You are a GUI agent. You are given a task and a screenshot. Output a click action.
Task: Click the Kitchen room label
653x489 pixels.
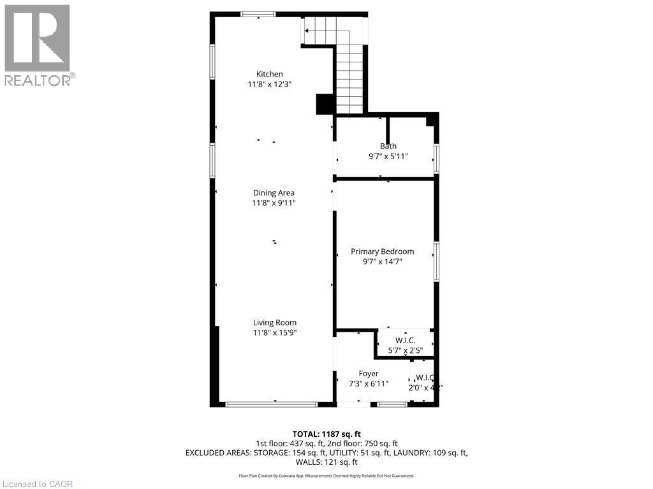tap(269, 74)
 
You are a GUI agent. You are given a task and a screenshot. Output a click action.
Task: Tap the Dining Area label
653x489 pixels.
tap(273, 193)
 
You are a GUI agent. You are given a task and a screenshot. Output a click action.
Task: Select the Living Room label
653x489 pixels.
tap(274, 322)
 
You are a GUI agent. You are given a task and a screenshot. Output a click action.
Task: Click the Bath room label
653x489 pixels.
tap(388, 146)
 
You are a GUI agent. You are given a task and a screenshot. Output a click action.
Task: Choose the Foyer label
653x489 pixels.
tap(369, 374)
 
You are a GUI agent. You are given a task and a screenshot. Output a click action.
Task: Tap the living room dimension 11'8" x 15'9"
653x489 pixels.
tap(274, 332)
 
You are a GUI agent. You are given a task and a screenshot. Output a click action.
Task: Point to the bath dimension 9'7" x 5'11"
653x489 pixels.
tap(388, 156)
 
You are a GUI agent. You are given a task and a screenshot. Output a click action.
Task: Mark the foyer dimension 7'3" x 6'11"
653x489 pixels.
tap(369, 384)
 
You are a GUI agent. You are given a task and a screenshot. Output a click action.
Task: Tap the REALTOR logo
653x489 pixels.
tap(38, 45)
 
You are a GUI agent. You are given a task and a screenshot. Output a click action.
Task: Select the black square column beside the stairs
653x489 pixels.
tap(325, 104)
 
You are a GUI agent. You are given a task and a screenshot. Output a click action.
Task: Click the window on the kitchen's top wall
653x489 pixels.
tap(258, 15)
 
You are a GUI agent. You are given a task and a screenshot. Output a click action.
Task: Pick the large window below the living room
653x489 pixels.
tap(272, 404)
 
